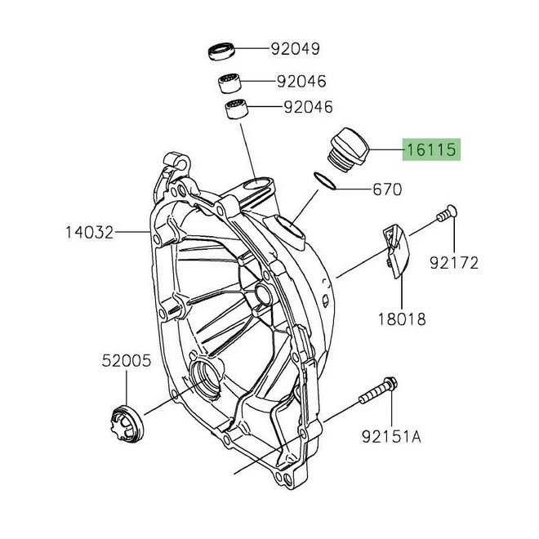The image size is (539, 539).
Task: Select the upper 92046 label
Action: [x=301, y=82]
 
